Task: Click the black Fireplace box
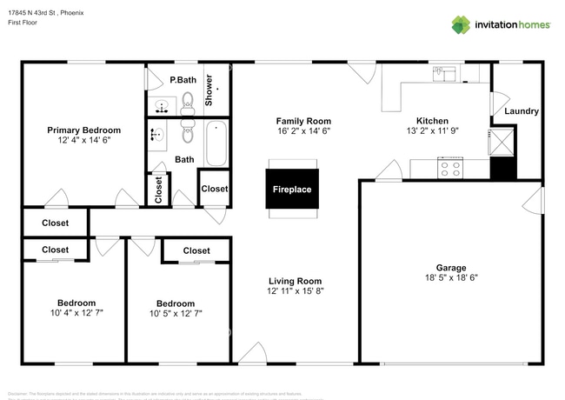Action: pos(292,190)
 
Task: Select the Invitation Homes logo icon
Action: pos(461,25)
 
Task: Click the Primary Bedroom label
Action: pos(83,130)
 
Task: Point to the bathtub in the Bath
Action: pos(216,143)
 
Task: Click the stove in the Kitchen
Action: pos(450,167)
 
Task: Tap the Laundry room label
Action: pos(522,111)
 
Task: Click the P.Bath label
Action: pos(183,80)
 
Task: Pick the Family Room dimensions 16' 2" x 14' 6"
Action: pos(303,131)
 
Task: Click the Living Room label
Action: pos(295,281)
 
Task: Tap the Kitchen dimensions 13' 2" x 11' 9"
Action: pos(432,131)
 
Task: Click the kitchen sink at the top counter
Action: pos(449,74)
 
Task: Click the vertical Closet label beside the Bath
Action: pos(158,189)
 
